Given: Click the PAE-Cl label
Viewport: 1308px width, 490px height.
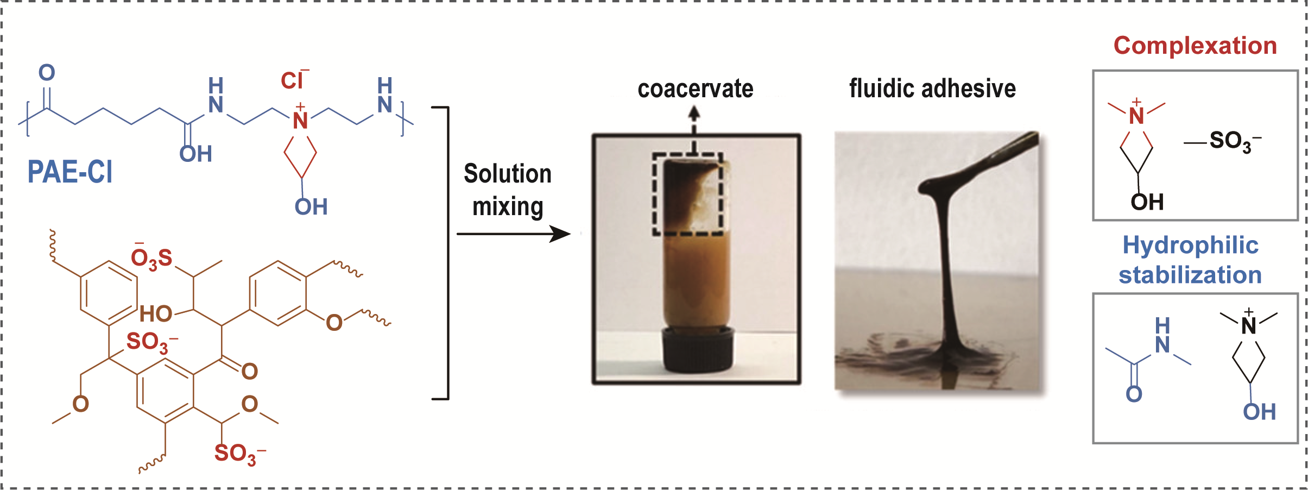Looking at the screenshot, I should click(70, 173).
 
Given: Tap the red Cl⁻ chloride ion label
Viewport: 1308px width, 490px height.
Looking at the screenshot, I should click(294, 81).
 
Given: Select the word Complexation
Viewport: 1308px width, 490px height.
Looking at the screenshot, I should click(1195, 46).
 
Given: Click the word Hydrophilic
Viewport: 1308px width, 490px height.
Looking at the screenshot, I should click(1190, 245).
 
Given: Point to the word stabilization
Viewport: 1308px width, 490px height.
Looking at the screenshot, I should click(1190, 275).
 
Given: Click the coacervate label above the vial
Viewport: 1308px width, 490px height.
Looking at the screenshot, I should click(695, 89).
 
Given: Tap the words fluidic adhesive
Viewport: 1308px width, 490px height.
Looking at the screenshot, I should click(932, 89).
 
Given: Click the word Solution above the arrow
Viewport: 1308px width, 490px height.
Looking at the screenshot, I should click(508, 174).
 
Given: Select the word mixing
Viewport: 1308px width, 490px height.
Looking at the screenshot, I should click(508, 207).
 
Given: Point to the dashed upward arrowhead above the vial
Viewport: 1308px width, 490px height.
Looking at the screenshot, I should click(694, 113).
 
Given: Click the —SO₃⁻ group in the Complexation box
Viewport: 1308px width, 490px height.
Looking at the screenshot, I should click(1228, 142).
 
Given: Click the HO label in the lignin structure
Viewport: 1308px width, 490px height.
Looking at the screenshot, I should click(156, 314).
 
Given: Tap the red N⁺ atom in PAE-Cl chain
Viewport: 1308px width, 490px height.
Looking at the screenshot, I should click(300, 120).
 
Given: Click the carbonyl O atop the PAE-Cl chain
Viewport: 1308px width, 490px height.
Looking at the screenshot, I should click(47, 73).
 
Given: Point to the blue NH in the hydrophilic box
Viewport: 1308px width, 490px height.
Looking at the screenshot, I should click(1162, 336).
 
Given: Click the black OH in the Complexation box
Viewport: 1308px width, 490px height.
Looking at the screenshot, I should click(1147, 203).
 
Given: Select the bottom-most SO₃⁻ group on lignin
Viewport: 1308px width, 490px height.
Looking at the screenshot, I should click(237, 454).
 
